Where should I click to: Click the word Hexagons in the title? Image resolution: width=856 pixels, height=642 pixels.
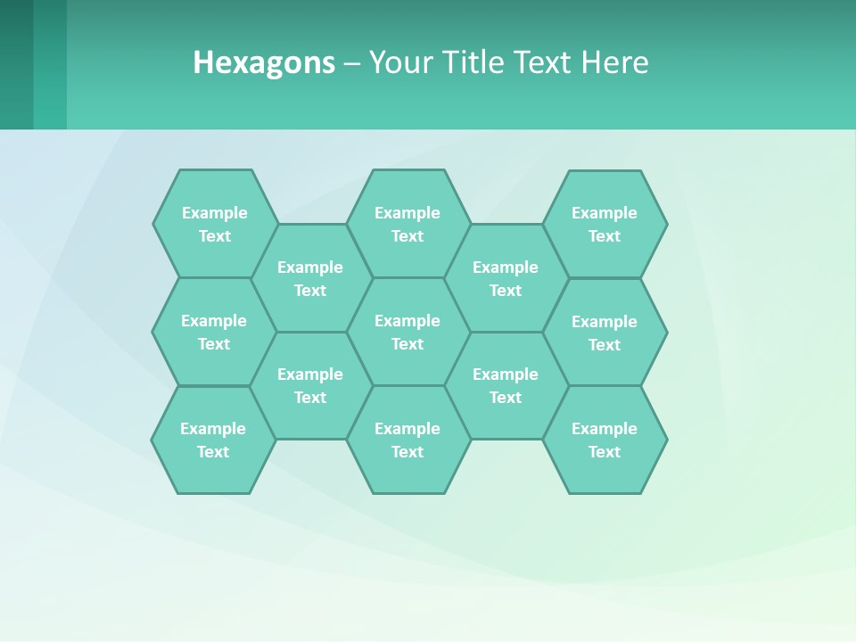pyautogui.click(x=264, y=62)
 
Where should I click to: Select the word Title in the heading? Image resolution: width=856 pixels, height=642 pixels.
pyautogui.click(x=478, y=62)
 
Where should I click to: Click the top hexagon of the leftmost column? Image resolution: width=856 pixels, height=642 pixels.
pyautogui.click(x=215, y=224)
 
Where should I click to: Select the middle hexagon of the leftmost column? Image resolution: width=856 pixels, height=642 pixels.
pyautogui.click(x=214, y=332)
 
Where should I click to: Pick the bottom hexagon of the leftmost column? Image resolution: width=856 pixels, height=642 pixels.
pyautogui.click(x=213, y=440)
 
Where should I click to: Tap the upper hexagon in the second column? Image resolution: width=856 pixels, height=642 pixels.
pyautogui.click(x=310, y=278)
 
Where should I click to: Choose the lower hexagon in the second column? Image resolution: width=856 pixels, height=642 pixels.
pyautogui.click(x=310, y=385)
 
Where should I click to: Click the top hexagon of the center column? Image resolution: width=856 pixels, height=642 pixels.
pyautogui.click(x=407, y=224)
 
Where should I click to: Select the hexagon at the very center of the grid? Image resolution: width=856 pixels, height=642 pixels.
pyautogui.click(x=407, y=332)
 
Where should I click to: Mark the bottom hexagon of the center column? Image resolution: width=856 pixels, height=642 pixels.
pyautogui.click(x=407, y=440)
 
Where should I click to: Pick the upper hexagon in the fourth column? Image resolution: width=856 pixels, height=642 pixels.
pyautogui.click(x=506, y=278)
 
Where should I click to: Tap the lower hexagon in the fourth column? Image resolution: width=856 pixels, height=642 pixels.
pyautogui.click(x=506, y=385)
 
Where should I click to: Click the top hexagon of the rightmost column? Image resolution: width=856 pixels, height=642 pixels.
pyautogui.click(x=605, y=224)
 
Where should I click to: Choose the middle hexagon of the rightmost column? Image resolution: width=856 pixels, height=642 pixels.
pyautogui.click(x=605, y=333)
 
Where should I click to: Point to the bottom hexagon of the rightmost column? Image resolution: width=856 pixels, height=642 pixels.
pyautogui.click(x=605, y=440)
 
